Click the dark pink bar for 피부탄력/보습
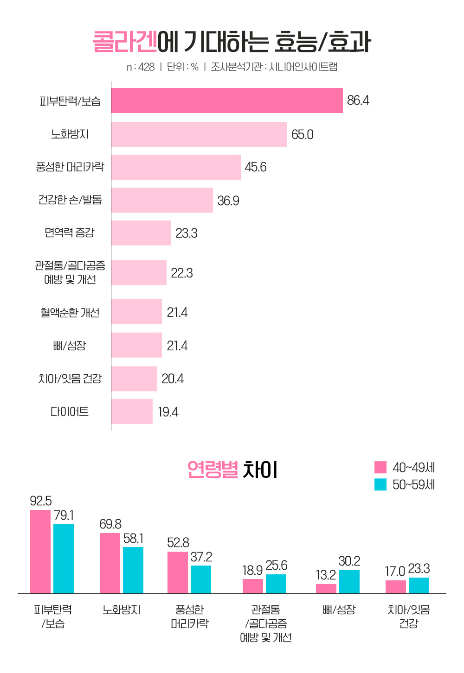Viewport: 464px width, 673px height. (x=227, y=101)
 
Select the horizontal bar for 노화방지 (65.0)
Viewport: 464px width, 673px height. (x=199, y=134)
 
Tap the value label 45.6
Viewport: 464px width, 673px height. (x=256, y=167)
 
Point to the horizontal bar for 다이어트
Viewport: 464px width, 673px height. (x=132, y=412)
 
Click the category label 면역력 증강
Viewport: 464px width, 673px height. (x=70, y=233)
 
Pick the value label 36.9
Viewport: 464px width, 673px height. (x=228, y=201)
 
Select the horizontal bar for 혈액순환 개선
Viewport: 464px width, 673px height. (x=136, y=312)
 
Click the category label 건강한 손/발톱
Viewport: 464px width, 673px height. (x=70, y=200)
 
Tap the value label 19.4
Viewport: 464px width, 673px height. (x=168, y=412)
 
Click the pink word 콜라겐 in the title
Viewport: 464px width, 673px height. (x=125, y=42)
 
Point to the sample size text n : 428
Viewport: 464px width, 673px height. (x=141, y=67)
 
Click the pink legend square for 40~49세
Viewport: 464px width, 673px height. (x=380, y=467)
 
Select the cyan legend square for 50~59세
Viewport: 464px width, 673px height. (x=380, y=484)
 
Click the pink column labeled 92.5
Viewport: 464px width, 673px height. (x=40, y=551)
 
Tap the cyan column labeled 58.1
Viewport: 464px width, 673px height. (x=133, y=570)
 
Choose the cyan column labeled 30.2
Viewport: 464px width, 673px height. (x=349, y=581)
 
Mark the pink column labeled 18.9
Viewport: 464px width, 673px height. (x=253, y=586)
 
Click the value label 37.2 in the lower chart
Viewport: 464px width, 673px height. (x=201, y=557)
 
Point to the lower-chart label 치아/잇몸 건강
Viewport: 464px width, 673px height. (x=409, y=616)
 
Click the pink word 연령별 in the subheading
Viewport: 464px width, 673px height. (x=213, y=470)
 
